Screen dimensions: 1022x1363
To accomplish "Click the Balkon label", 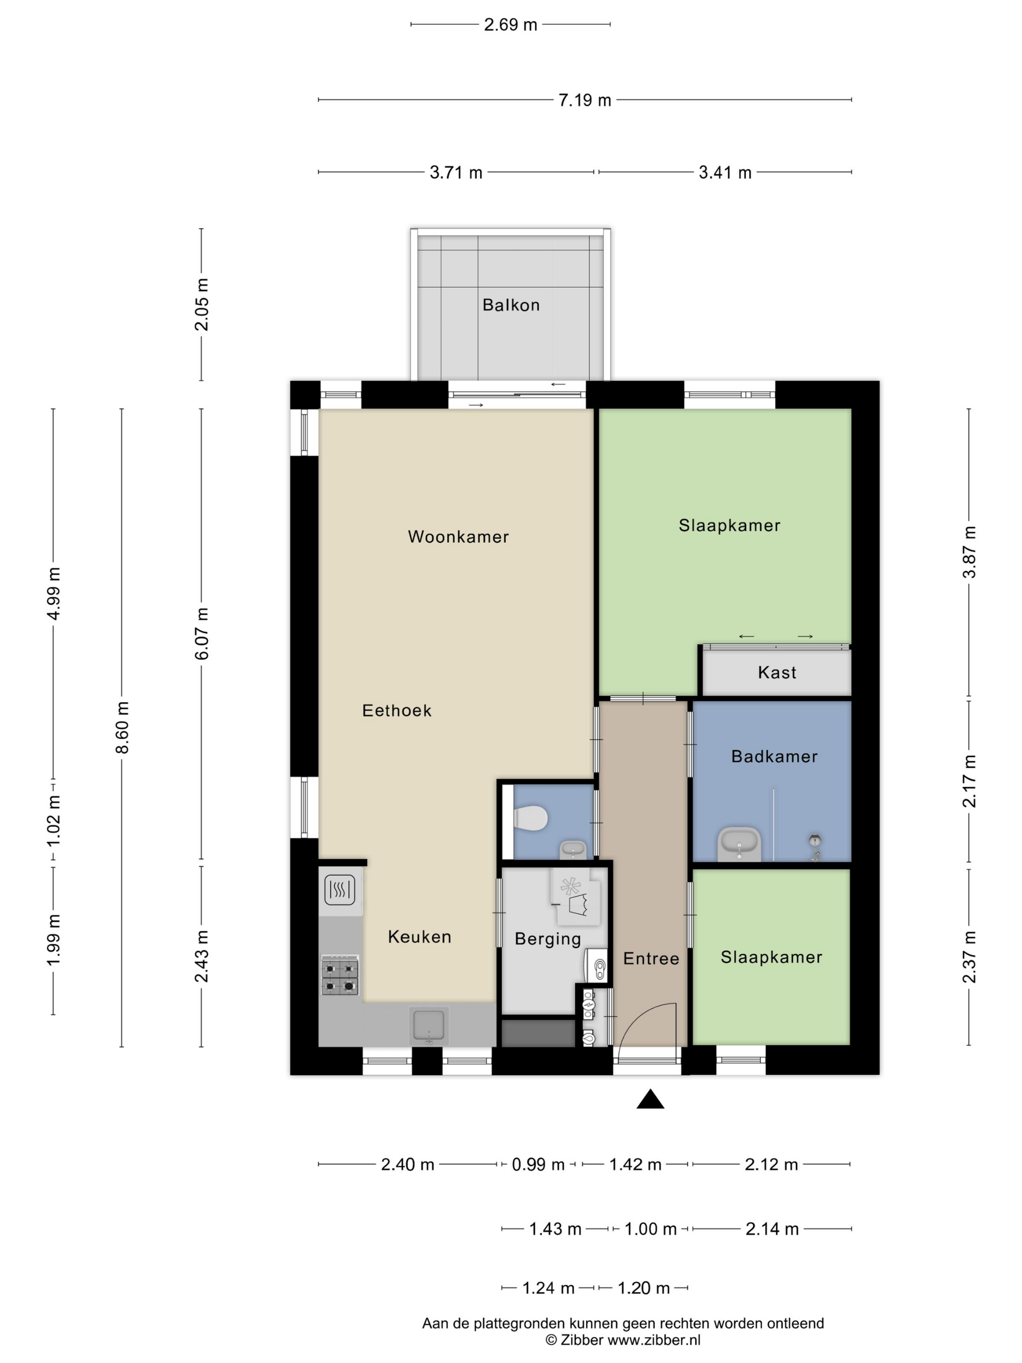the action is tap(511, 305).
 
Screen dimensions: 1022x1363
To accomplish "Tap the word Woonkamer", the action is tap(458, 537).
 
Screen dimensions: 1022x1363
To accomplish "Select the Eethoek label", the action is tap(397, 710).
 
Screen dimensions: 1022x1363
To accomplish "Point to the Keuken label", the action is tap(420, 937).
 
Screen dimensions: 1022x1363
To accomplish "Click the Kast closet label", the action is tap(777, 672).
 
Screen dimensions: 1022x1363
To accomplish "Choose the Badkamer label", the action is tap(774, 756).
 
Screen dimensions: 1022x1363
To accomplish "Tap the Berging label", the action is tap(547, 939).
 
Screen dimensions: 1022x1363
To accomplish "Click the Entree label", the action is tap(651, 958).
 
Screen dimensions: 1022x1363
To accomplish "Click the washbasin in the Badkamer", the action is tap(739, 844).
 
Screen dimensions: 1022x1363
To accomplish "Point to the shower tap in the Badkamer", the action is tap(816, 846).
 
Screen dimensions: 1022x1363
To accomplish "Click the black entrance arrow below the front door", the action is tap(650, 1099).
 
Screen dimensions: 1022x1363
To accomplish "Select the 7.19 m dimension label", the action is tap(584, 100).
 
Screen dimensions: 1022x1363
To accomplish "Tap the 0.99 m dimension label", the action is tap(538, 1164).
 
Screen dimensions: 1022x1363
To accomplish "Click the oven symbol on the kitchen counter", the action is tap(340, 890).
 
